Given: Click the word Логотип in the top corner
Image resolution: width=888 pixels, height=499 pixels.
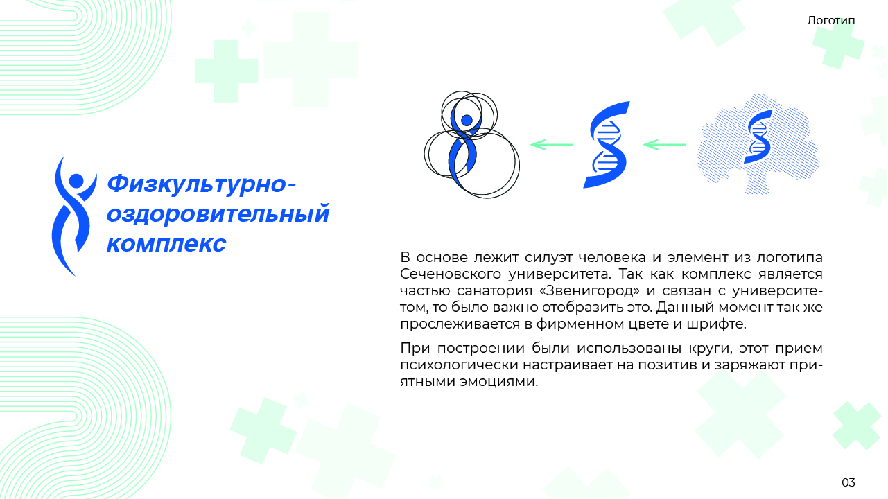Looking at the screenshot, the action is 830,21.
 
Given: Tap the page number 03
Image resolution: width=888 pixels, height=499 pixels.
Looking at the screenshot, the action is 848,482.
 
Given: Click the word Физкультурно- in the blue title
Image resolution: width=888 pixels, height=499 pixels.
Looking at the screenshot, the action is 202,184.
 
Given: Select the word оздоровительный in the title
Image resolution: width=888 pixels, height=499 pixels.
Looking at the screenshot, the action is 218,214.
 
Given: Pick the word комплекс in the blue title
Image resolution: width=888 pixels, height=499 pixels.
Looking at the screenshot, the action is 166,243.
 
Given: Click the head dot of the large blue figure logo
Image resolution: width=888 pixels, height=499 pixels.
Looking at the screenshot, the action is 76,181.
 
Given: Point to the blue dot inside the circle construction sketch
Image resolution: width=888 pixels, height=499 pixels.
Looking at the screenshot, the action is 467,120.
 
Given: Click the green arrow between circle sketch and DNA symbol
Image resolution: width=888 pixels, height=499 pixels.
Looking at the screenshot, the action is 552,145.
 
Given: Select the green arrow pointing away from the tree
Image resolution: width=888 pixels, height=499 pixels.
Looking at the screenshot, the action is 664,145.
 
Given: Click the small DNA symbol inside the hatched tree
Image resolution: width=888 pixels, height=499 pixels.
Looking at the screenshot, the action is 758,137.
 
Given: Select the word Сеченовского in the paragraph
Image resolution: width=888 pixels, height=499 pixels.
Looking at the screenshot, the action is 451,274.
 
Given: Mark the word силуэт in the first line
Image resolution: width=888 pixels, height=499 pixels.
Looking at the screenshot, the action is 548,258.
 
